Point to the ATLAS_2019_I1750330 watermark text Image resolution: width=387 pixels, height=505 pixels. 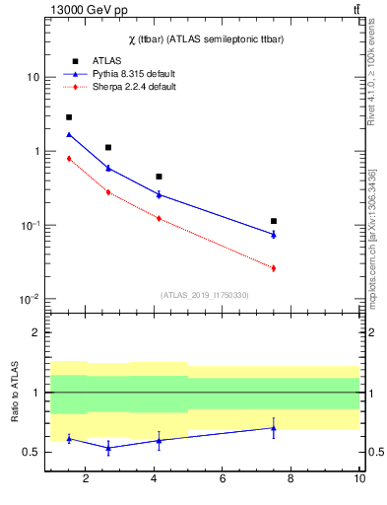[204, 295]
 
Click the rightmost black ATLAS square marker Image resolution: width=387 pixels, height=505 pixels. [274, 221]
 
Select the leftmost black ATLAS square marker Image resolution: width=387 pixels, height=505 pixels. [69, 117]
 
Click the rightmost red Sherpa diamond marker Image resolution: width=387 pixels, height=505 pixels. [274, 268]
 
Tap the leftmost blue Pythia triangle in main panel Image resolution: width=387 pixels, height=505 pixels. [69, 134]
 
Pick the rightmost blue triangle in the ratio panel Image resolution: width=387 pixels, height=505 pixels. [274, 428]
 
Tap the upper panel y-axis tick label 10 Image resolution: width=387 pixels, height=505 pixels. [32, 78]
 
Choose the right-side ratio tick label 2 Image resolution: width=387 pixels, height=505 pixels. [368, 333]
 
